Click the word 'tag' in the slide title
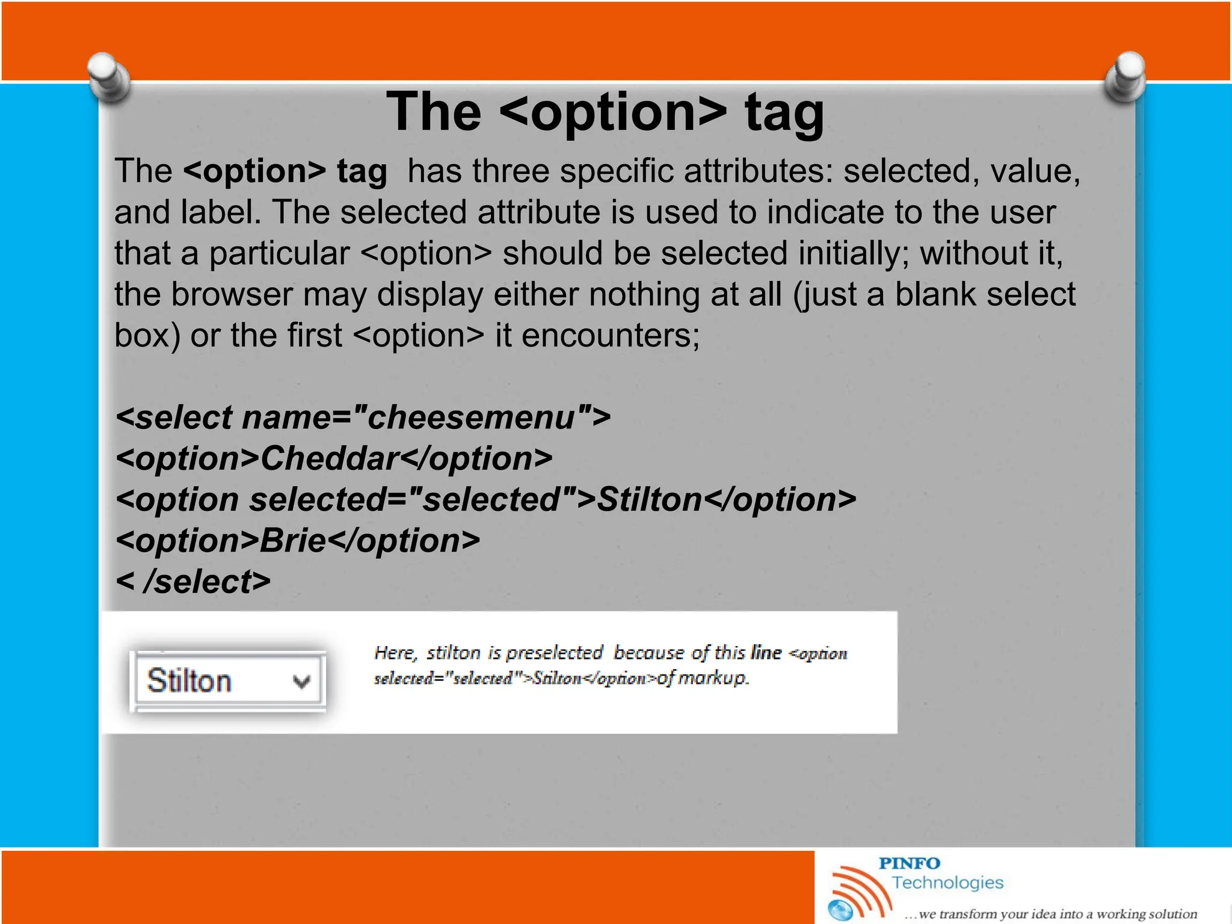point(784,112)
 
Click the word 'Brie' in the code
point(292,540)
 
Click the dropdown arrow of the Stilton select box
point(301,682)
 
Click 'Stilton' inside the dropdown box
point(189,681)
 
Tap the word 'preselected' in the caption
point(554,653)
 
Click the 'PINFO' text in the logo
point(909,863)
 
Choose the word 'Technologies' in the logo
point(947,882)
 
